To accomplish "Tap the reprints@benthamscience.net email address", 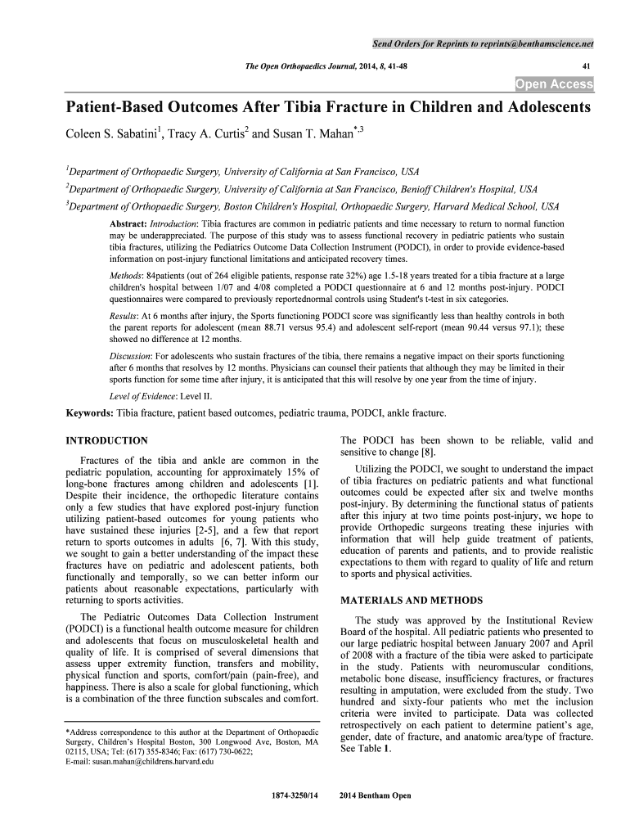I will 542,43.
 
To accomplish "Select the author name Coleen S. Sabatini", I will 102,133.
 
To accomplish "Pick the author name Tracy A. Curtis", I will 197,133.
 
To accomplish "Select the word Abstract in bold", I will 126,223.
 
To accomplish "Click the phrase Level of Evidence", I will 143,394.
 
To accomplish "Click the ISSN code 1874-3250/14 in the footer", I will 294,795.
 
